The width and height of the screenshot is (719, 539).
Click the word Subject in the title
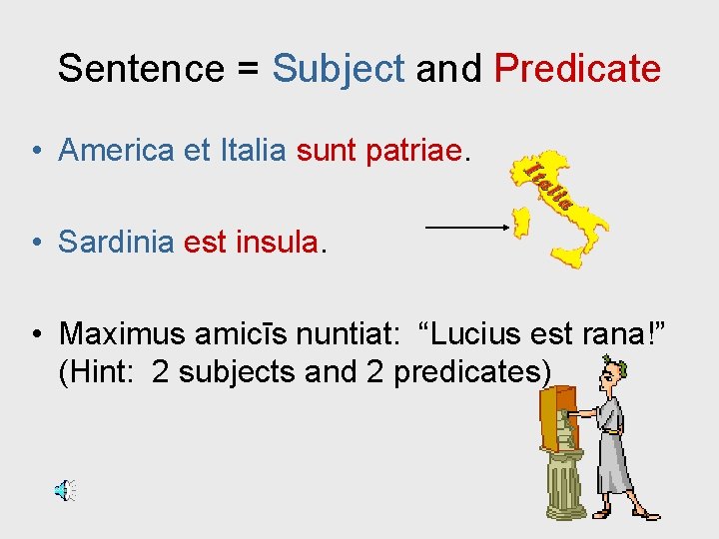point(339,69)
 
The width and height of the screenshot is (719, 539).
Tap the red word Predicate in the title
point(577,69)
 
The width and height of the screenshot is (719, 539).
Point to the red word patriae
point(423,151)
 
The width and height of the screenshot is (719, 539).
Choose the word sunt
point(328,151)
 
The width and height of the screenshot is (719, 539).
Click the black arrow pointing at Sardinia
point(467,228)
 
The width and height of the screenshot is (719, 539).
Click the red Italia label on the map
point(547,185)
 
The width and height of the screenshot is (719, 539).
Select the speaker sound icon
point(64,490)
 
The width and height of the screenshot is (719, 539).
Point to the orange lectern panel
point(551,419)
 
